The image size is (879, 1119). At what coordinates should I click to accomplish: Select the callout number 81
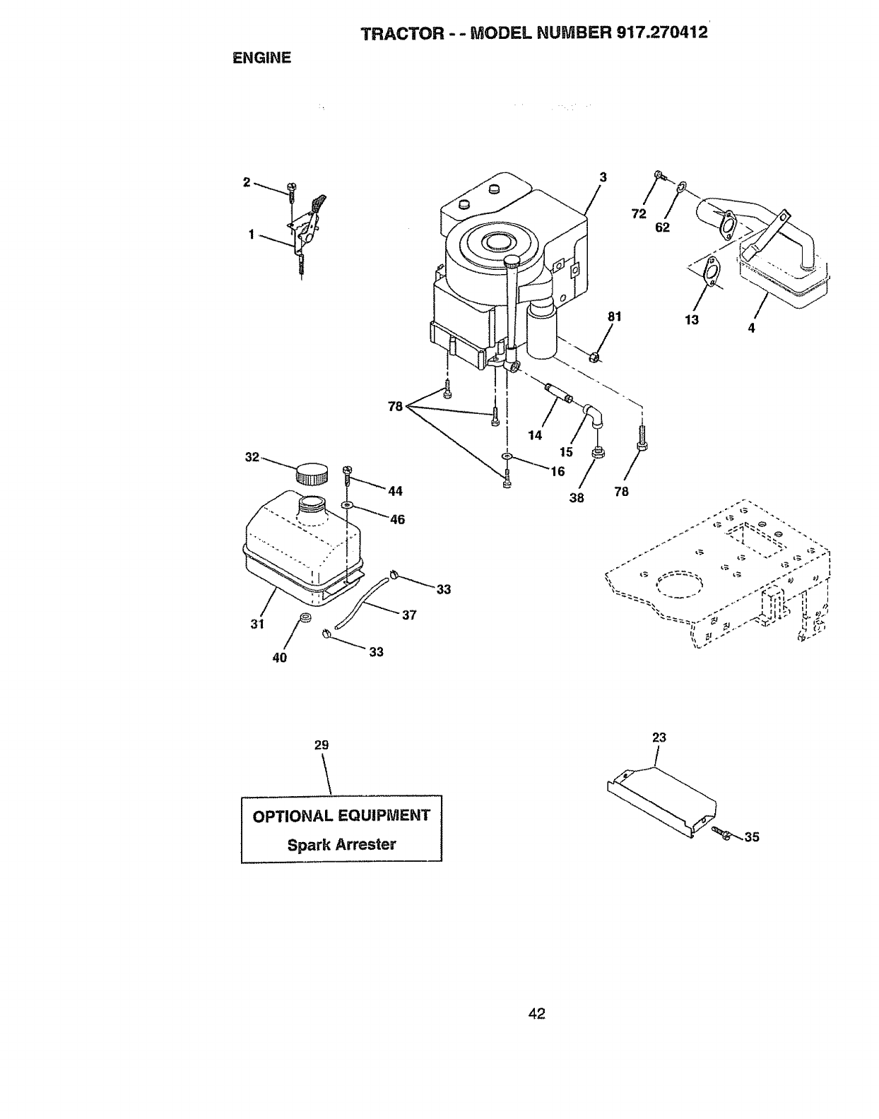tap(614, 317)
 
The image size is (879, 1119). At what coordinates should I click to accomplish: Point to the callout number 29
tap(321, 745)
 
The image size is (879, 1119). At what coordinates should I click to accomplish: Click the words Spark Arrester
tap(341, 844)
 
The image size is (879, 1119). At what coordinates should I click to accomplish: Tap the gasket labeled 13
tap(713, 273)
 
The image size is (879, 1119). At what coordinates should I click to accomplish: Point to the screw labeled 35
tap(723, 834)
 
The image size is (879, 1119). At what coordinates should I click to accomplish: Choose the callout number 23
tap(659, 738)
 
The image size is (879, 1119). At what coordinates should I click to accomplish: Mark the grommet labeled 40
tap(305, 620)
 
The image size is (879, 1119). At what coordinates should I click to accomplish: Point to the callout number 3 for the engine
tap(603, 177)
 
